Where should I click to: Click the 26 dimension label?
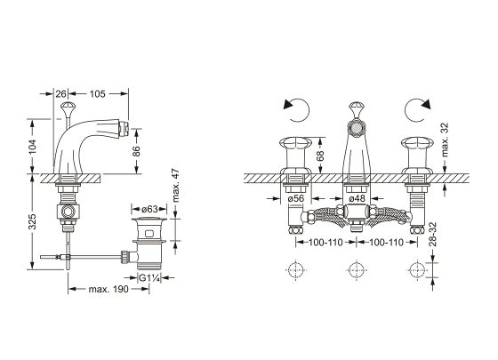click(x=61, y=94)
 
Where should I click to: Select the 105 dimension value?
click(x=97, y=94)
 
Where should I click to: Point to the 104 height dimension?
click(x=33, y=147)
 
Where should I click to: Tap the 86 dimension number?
click(x=136, y=151)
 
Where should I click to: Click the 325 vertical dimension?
click(x=32, y=221)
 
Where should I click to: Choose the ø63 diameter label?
click(x=149, y=209)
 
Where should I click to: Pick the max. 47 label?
click(x=176, y=186)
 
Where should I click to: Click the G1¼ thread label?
click(x=149, y=278)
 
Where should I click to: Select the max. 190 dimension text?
click(x=108, y=289)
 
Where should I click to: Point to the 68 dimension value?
click(x=320, y=156)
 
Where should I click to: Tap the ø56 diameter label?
click(x=296, y=199)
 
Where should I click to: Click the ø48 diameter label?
click(x=357, y=199)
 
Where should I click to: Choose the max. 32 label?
click(x=446, y=140)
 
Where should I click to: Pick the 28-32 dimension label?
click(x=433, y=235)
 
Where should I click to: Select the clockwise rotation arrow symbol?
click(x=418, y=110)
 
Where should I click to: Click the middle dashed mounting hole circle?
click(x=357, y=270)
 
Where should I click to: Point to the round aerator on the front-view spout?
click(x=357, y=129)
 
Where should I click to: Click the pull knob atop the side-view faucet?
click(x=67, y=108)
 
